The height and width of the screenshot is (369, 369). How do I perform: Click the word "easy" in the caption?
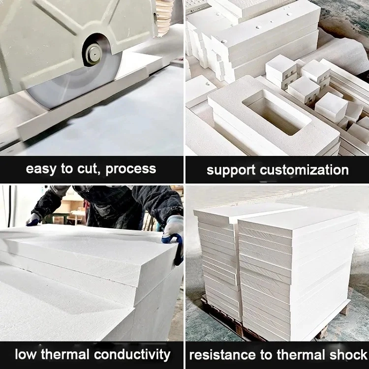[42, 169]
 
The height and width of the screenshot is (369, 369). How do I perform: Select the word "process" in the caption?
[130, 170]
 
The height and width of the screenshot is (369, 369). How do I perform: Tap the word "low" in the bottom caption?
[28, 354]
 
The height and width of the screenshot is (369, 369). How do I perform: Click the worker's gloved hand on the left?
[33, 219]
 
